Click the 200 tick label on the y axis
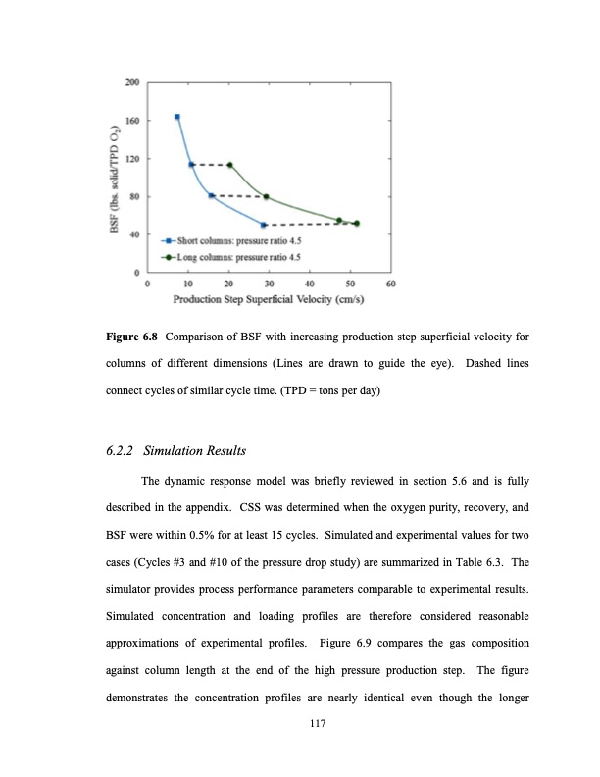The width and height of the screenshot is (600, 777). coord(131,82)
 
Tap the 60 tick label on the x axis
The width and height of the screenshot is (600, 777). coord(390,285)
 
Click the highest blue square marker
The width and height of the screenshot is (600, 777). coord(176,117)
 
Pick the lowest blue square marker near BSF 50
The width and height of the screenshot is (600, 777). coord(263,225)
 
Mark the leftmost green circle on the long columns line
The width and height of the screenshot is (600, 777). coord(230,165)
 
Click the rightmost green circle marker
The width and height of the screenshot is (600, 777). coord(356,223)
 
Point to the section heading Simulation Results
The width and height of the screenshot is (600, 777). coord(194,451)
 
